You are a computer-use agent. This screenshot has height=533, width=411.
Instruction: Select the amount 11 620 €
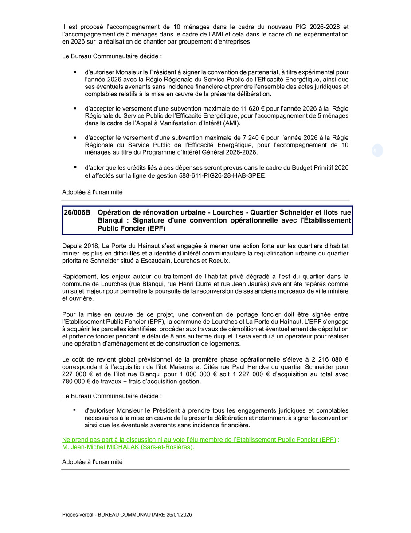(254, 109)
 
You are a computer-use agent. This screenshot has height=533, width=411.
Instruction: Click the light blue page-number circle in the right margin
(377, 151)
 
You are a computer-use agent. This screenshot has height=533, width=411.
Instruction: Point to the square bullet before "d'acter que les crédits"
(75, 167)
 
